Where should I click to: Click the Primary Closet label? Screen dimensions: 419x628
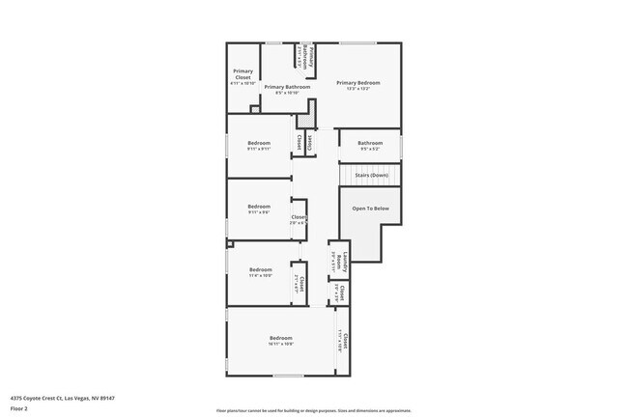243,73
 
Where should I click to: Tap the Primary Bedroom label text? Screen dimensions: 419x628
358,82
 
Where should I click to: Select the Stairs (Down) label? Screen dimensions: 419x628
371,176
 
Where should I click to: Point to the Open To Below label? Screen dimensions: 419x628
370,208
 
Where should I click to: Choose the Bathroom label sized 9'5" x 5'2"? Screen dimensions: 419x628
370,143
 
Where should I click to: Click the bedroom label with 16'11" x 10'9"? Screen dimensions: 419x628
280,338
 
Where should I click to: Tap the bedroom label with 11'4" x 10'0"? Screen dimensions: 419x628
261,269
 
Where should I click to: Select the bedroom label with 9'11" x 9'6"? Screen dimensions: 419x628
258,206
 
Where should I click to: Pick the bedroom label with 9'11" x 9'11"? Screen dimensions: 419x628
258,143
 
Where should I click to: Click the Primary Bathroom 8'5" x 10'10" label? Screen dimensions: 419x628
287,87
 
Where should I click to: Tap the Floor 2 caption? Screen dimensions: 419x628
20,407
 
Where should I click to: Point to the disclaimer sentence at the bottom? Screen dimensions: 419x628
313,409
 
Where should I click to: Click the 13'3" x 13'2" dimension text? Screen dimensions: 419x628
358,88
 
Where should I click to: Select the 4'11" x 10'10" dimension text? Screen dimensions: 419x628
243,83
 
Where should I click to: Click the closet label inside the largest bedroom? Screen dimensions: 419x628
343,340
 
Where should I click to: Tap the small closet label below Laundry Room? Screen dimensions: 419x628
340,293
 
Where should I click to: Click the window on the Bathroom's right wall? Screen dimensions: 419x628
401,146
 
